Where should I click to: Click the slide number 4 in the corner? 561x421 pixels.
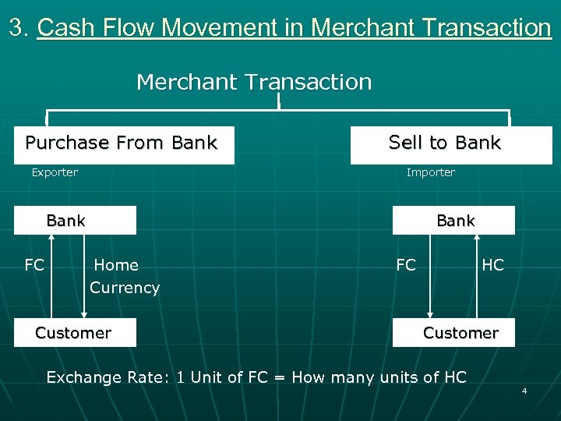point(524,390)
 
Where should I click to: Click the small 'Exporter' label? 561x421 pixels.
point(55,172)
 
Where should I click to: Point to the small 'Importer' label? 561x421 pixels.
point(431,172)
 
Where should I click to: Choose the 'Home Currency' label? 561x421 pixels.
point(123,276)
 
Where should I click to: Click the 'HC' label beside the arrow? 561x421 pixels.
point(492,265)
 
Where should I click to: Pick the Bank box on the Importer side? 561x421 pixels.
point(453,221)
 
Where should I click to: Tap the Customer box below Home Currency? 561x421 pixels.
point(79,333)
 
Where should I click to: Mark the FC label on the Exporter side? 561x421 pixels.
point(34,265)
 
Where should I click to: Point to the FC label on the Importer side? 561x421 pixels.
point(406,265)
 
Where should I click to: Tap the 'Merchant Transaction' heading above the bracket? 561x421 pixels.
point(254,82)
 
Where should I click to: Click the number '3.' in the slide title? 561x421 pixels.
point(19,28)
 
